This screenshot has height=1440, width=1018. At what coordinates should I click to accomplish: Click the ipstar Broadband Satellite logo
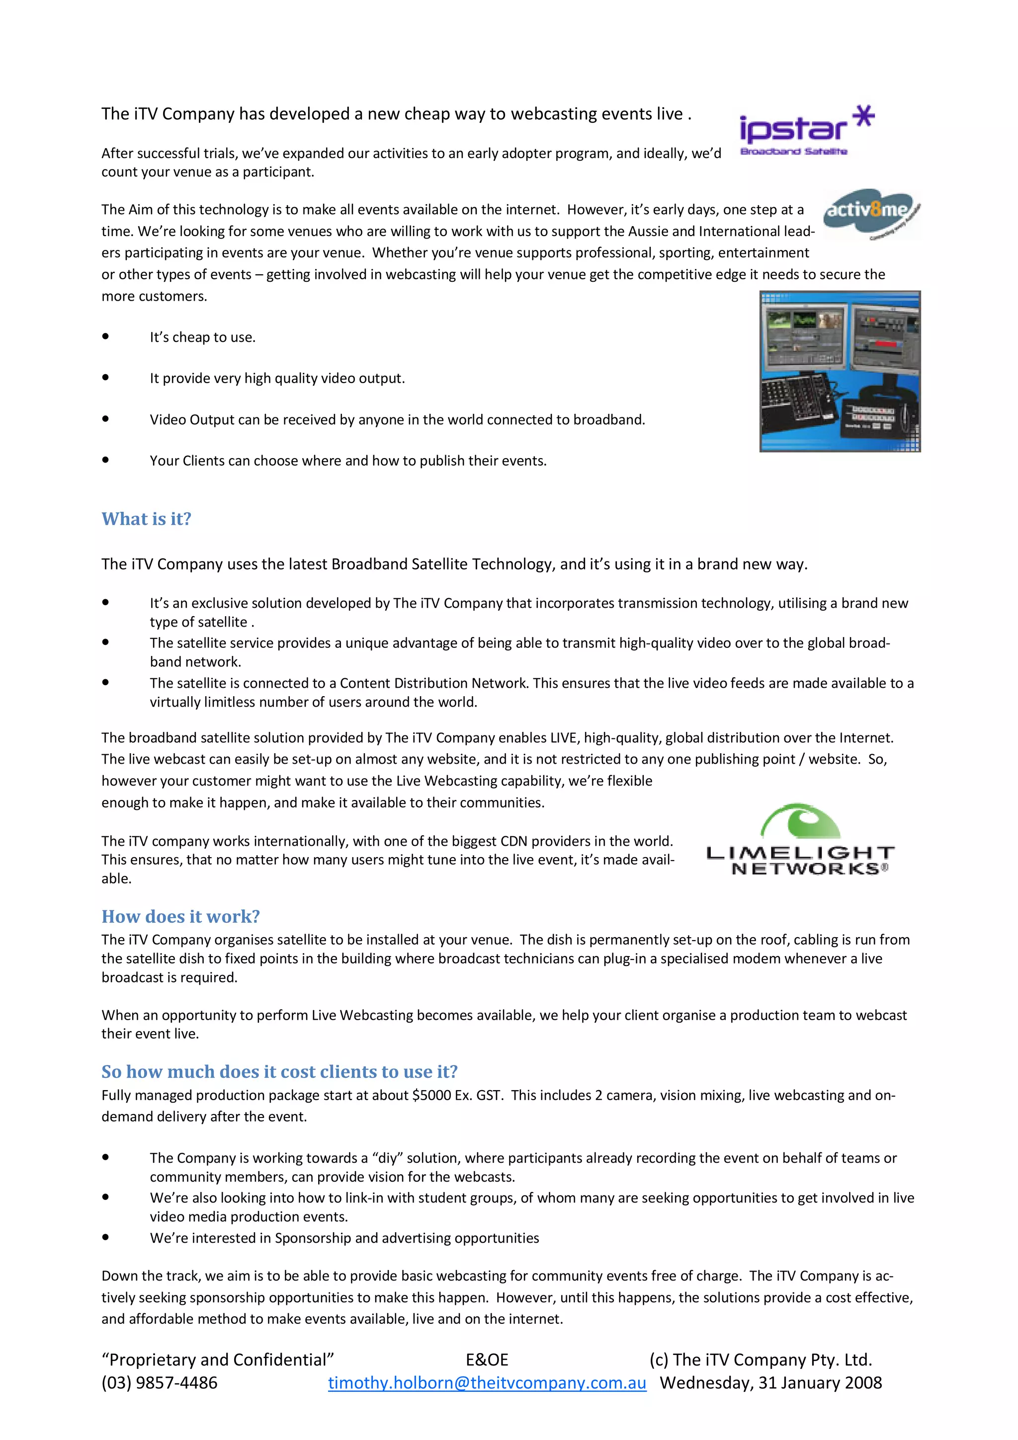tap(805, 131)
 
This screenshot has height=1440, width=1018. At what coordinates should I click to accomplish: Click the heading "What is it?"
tap(146, 519)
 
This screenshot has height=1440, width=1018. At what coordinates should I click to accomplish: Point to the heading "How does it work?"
tap(180, 916)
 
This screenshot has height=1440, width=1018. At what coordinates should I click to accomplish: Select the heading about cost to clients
tap(279, 1071)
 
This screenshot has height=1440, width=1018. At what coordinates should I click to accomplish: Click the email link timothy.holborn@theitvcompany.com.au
tap(487, 1382)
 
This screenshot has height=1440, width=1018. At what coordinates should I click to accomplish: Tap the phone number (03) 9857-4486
tap(160, 1382)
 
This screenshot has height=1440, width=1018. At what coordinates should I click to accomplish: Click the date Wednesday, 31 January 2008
tap(770, 1382)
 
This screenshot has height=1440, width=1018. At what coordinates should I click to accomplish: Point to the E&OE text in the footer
tap(487, 1359)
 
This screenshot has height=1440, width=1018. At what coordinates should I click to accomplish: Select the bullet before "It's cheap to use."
tap(105, 337)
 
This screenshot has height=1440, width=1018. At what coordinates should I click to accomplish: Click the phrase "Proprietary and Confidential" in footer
tap(218, 1359)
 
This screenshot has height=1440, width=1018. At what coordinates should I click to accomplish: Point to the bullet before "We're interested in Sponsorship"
tap(105, 1237)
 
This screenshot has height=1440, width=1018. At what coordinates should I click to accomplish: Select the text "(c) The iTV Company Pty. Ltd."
tap(760, 1359)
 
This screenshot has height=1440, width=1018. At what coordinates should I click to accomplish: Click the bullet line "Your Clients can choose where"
tap(347, 460)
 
